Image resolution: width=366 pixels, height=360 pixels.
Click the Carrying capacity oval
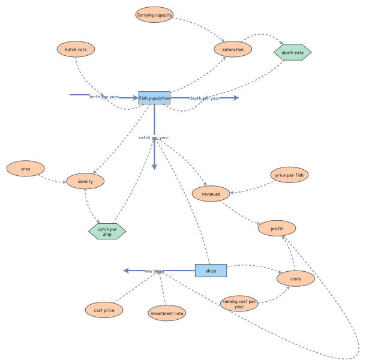tap(155, 14)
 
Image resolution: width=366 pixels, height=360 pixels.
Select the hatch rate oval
tap(76, 49)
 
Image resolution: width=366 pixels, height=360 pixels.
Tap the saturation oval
tap(233, 49)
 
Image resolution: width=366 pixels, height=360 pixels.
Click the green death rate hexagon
tap(293, 53)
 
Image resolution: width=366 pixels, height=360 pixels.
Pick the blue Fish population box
tap(154, 98)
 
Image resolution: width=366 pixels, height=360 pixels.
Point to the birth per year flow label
tap(104, 97)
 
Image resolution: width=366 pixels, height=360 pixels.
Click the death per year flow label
tap(204, 98)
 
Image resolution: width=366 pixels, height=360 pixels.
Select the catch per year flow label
tap(154, 137)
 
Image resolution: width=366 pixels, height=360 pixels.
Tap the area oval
tap(26, 169)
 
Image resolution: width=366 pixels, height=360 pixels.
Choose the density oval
tap(86, 181)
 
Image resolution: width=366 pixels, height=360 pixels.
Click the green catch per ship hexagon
tap(107, 231)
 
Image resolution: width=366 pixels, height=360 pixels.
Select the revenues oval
tap(211, 193)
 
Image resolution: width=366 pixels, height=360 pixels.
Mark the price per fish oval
tap(290, 175)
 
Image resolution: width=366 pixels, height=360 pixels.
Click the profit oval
tap(277, 228)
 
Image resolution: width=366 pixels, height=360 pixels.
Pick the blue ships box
tap(211, 271)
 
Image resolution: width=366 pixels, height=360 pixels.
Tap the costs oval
tap(296, 278)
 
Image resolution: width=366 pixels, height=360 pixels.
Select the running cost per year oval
tap(239, 304)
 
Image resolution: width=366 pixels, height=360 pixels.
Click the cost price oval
tap(104, 310)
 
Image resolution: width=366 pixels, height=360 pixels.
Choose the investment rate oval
tap(167, 313)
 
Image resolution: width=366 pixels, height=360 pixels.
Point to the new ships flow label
tap(154, 271)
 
